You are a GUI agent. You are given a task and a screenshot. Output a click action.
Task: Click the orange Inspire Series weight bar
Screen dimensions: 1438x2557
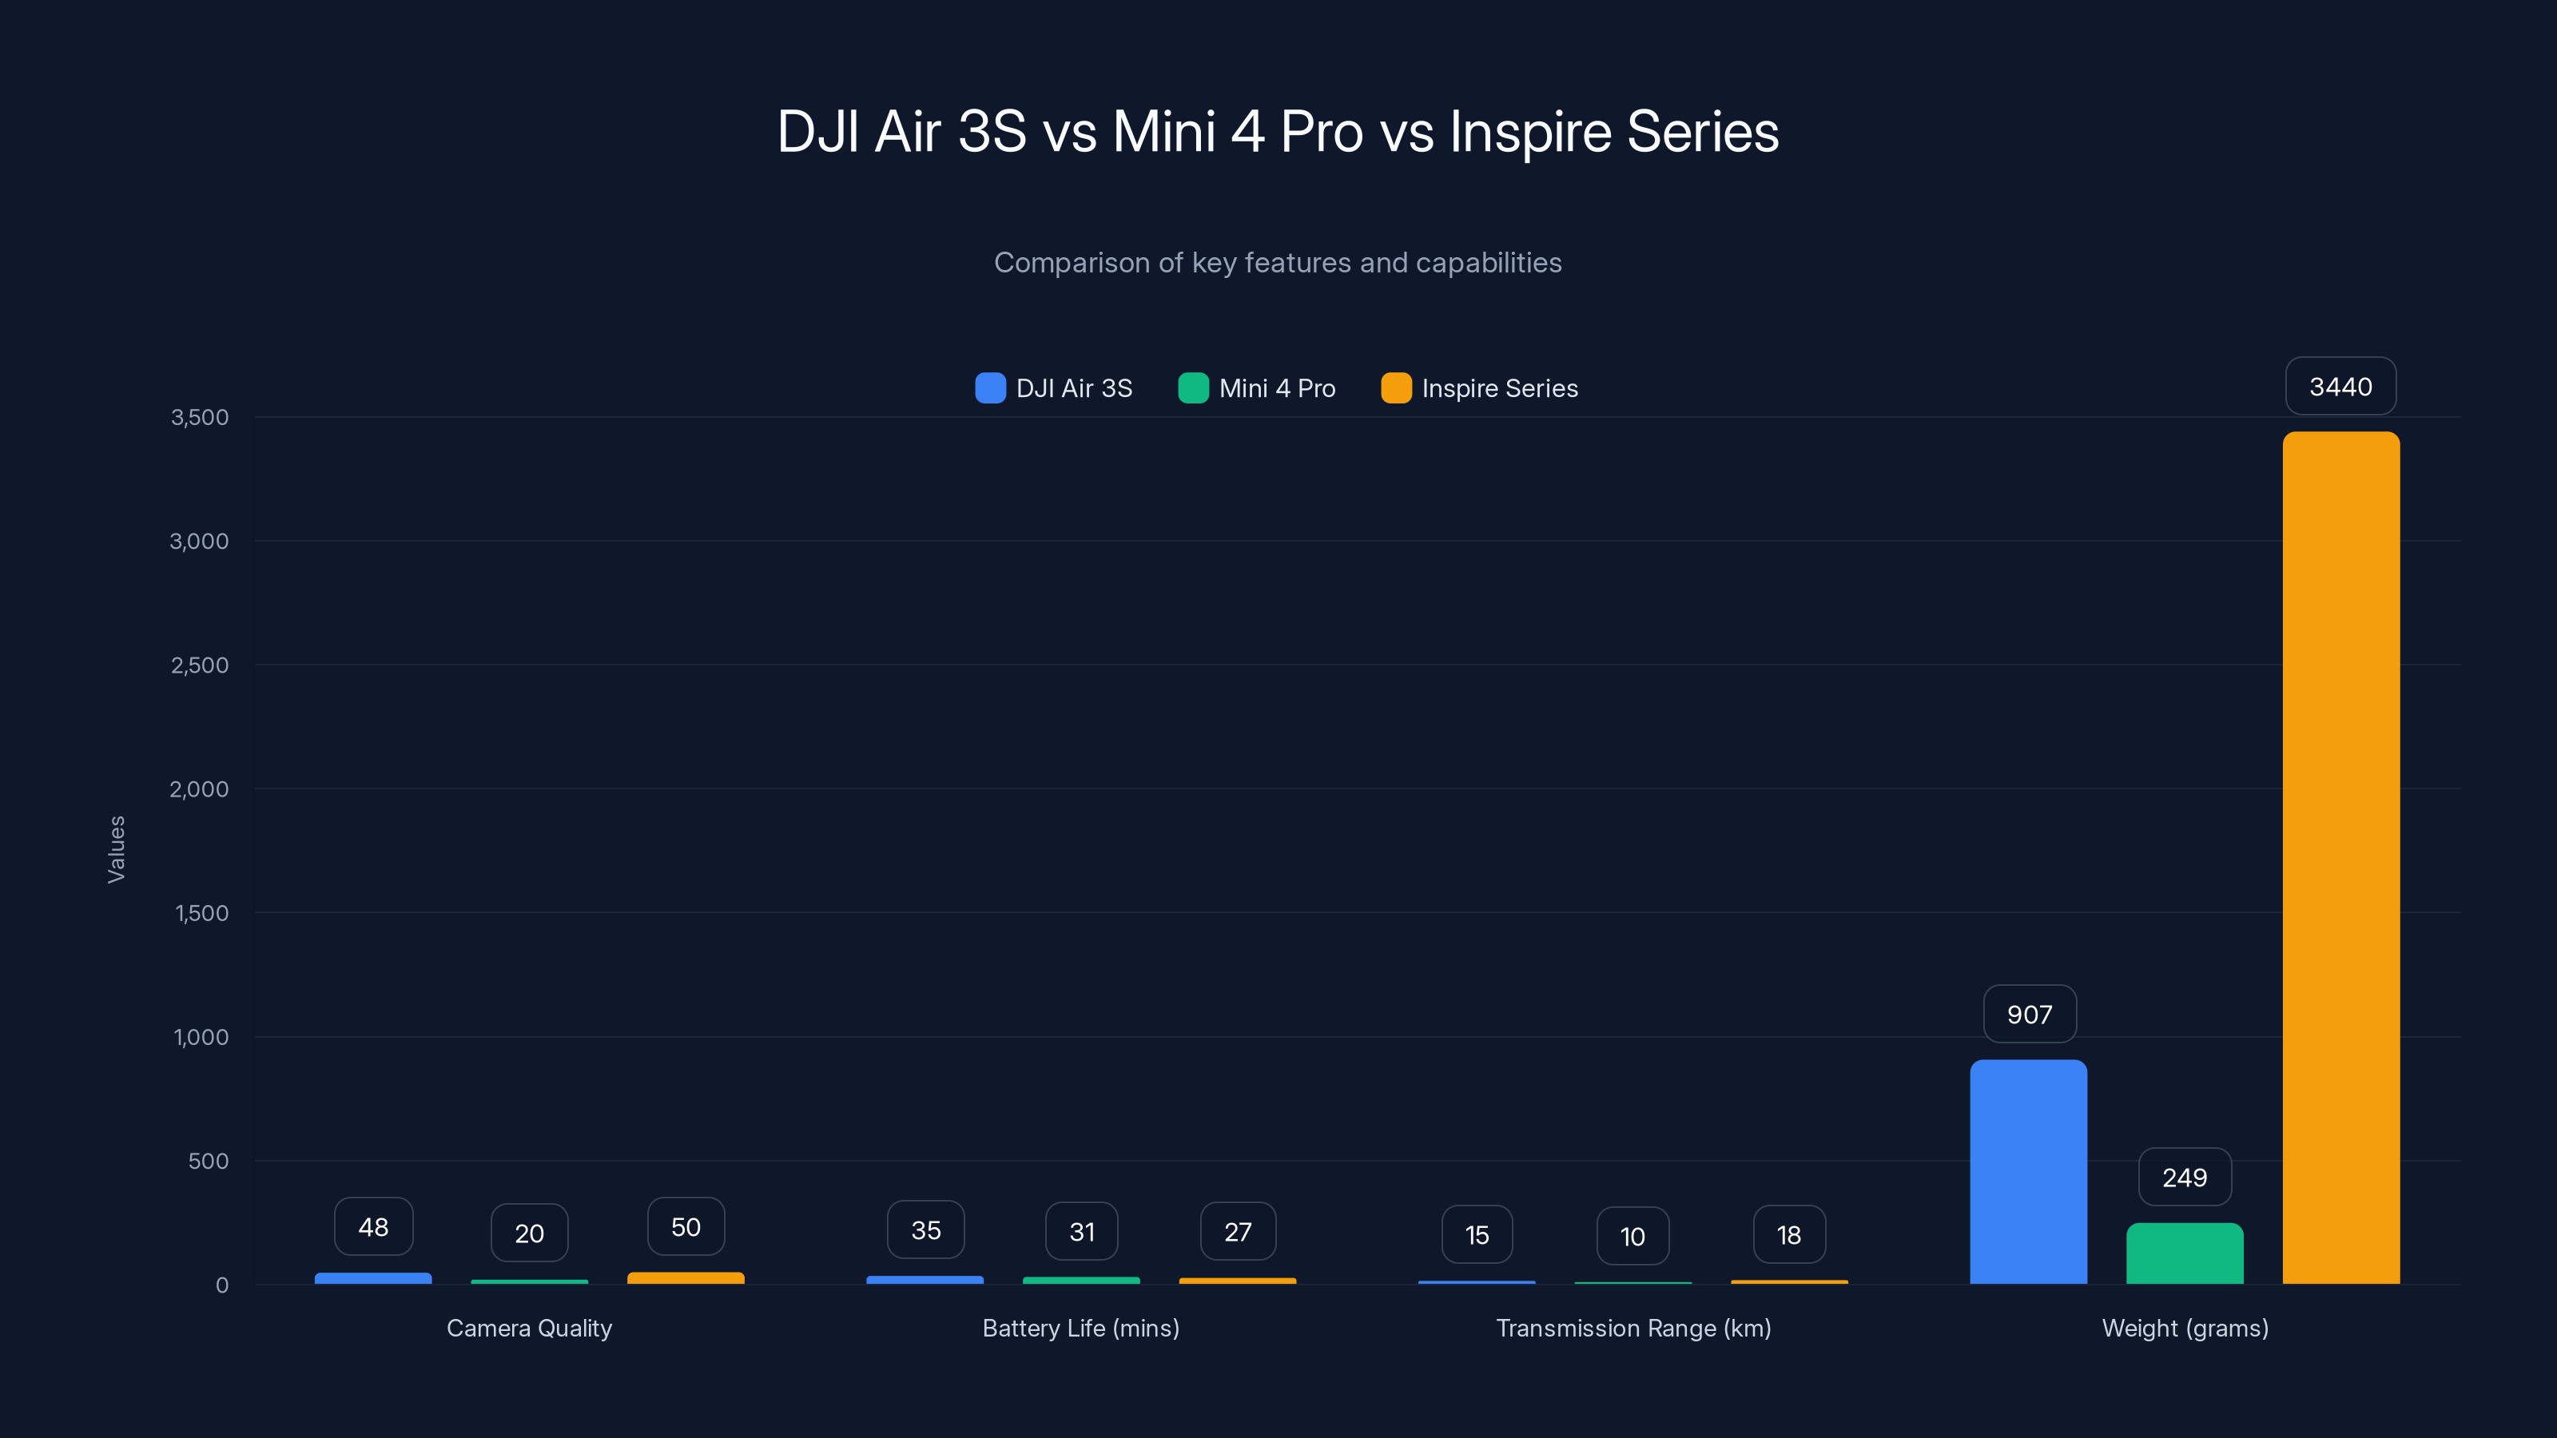[2340, 859]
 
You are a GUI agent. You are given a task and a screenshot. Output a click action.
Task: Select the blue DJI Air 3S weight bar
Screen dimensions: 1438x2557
[2028, 1172]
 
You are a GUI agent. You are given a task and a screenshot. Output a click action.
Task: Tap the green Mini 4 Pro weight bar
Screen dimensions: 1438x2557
[2184, 1253]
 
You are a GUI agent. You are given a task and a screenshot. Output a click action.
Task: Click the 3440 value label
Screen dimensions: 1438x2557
[2340, 386]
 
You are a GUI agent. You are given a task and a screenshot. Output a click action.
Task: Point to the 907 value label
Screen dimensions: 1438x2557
[2029, 1015]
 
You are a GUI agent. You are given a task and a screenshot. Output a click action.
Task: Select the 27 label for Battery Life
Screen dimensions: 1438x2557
[1238, 1232]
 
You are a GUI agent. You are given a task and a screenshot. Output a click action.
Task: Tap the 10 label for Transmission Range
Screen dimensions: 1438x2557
[1632, 1236]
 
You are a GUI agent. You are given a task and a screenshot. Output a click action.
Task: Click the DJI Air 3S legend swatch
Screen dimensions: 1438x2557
[990, 388]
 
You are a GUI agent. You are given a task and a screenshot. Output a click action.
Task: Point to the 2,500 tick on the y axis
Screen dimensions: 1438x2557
[200, 665]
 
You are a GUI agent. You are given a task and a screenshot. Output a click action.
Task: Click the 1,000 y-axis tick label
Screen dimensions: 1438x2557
[201, 1037]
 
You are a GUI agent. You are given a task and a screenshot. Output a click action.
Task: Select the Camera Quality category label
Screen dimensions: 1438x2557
[529, 1328]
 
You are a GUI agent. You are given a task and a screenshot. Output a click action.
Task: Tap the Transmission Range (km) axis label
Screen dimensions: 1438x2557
[1632, 1328]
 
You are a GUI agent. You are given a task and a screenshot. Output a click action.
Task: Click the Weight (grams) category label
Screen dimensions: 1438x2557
[2185, 1328]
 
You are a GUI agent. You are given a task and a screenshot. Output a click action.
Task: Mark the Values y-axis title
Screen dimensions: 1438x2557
[116, 849]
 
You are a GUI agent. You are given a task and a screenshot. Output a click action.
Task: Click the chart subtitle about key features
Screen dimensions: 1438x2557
[1278, 262]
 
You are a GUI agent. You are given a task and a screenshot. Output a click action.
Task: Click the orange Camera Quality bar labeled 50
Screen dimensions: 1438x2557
[685, 1278]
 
